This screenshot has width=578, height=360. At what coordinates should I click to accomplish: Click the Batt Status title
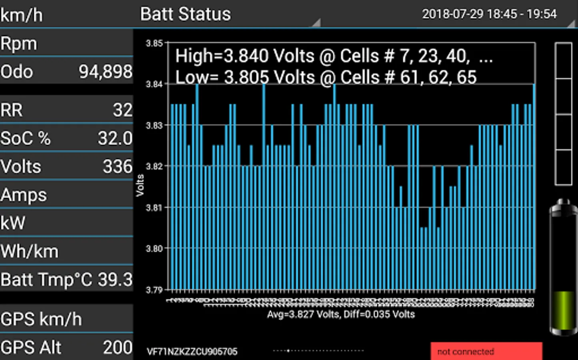pos(185,14)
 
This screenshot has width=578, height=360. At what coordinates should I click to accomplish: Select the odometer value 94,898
pos(105,72)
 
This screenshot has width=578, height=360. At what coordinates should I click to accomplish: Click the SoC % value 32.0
pos(115,138)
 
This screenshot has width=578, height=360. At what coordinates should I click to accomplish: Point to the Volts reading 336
pos(117,167)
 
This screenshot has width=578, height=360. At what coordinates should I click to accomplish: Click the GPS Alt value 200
pos(118,348)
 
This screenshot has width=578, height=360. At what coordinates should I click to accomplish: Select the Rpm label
pos(19,44)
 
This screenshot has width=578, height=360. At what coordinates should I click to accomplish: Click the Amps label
pos(24,195)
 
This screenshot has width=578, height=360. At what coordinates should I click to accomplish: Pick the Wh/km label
pos(30,252)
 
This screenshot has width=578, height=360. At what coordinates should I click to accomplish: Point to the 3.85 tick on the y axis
pos(154,43)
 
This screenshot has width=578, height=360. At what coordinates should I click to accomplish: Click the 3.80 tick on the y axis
pos(154,248)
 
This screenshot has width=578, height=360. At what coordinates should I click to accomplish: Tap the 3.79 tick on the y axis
pos(154,290)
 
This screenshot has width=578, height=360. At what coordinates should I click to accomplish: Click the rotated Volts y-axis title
pos(140,185)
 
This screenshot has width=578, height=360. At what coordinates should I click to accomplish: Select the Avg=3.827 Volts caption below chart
pos(341,314)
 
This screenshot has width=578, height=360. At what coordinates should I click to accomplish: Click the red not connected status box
pos(486,351)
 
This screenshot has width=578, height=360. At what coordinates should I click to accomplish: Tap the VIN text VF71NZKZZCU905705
pos(192,352)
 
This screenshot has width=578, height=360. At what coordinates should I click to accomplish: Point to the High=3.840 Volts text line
pos(334,56)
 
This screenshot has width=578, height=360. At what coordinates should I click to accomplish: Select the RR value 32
pos(122,110)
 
